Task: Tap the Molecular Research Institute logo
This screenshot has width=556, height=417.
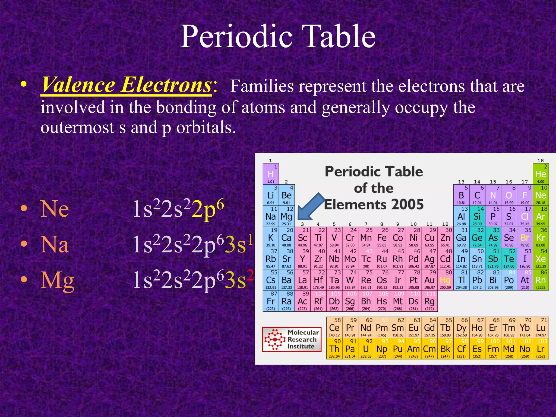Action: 292,339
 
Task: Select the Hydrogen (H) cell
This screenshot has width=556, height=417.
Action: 271,174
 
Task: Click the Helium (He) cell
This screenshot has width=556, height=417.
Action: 541,174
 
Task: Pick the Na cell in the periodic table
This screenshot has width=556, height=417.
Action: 271,216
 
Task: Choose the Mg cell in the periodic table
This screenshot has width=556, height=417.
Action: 286,216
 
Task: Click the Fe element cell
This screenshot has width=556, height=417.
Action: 382,238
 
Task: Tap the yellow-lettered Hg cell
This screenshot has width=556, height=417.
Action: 445,280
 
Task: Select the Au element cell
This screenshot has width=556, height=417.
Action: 429,280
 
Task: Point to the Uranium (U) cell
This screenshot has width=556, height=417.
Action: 366,349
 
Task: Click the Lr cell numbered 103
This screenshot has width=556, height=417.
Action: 541,349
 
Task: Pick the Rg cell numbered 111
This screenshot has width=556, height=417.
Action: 429,301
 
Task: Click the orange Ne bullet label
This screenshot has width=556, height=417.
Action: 55,209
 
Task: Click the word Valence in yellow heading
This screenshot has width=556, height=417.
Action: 79,85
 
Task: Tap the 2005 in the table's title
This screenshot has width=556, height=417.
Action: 407,204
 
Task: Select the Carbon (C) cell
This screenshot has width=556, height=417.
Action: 477,195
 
